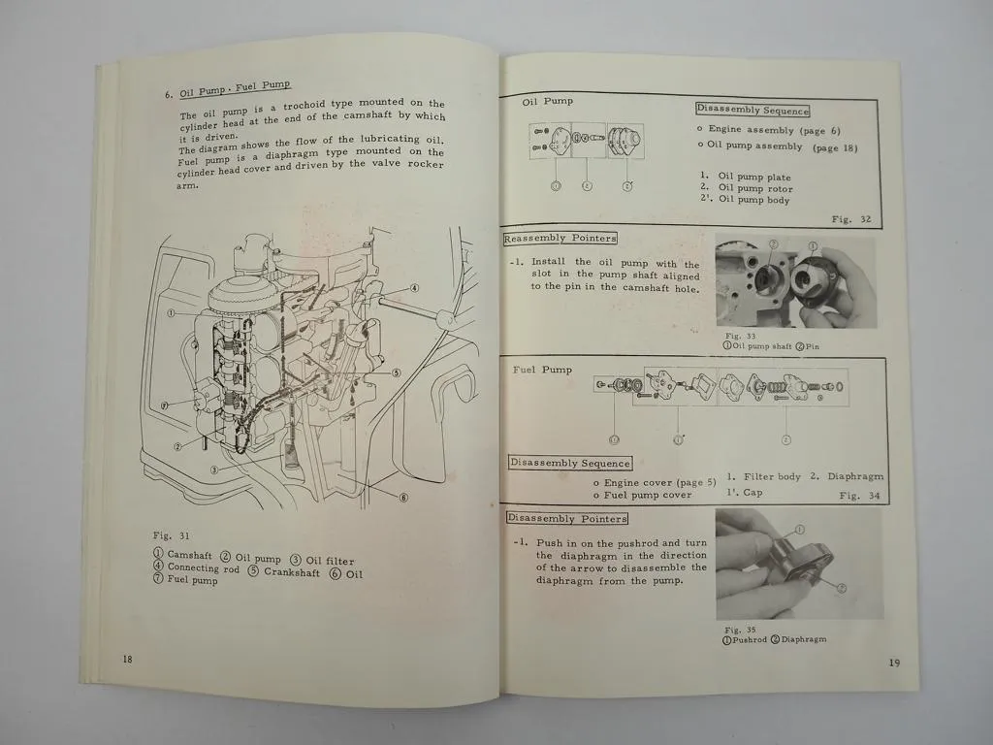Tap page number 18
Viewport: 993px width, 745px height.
coord(127,659)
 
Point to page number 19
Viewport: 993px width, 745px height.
coord(893,663)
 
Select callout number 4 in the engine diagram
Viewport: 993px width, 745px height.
coord(414,288)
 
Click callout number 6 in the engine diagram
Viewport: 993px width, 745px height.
coord(403,498)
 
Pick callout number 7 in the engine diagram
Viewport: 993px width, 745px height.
coord(165,405)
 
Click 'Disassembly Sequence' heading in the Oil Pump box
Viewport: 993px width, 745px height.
coord(753,111)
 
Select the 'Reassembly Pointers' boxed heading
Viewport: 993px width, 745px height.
coord(560,239)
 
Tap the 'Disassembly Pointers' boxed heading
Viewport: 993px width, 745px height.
coord(566,518)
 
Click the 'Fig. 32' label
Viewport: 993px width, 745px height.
coord(851,220)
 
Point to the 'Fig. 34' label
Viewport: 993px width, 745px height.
coord(860,495)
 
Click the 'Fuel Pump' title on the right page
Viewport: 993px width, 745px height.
coord(542,370)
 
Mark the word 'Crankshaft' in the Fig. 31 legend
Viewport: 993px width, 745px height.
coord(292,572)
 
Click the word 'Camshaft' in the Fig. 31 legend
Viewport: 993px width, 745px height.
coord(188,556)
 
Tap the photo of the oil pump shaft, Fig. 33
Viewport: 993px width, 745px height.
coord(794,281)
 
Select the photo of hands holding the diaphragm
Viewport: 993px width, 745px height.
coord(799,564)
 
